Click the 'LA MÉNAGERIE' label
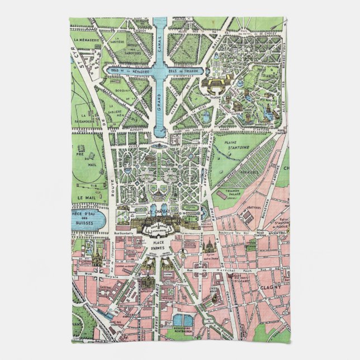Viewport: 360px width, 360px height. [x=85, y=40]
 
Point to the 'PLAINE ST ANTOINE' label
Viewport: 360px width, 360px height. [x=240, y=148]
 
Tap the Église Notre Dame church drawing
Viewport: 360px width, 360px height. [x=207, y=245]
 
